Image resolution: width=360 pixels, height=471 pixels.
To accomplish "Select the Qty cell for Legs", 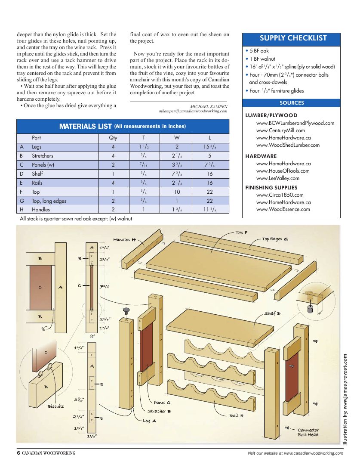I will (x=113, y=147).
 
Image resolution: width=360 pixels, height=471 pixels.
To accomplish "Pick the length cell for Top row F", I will (x=209, y=192).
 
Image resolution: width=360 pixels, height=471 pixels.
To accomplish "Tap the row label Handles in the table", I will (x=41, y=210).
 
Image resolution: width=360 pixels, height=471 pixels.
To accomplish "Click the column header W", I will (x=177, y=138).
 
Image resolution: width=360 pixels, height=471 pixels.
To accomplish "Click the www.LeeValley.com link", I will (x=277, y=178).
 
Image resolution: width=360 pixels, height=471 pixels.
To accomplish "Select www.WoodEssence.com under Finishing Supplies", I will (x=283, y=209).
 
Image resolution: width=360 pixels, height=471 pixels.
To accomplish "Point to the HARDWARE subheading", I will (x=261, y=156).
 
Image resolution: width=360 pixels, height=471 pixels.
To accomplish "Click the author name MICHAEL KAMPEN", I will (x=209, y=106).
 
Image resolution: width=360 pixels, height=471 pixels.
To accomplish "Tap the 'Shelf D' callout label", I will (x=272, y=313).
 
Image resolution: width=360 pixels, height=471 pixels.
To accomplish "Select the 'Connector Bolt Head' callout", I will (x=308, y=432).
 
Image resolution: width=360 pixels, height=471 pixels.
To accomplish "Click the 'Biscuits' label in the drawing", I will (x=55, y=406).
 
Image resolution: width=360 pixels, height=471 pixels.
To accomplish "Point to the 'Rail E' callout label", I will (x=236, y=415).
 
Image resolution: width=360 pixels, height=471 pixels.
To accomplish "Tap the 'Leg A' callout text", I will (x=149, y=421).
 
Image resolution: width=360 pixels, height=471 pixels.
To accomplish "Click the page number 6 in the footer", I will (x=18, y=453).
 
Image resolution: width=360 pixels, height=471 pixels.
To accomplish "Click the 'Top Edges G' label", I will (x=275, y=239).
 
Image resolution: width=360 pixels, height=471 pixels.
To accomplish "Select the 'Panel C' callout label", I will (x=162, y=403).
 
